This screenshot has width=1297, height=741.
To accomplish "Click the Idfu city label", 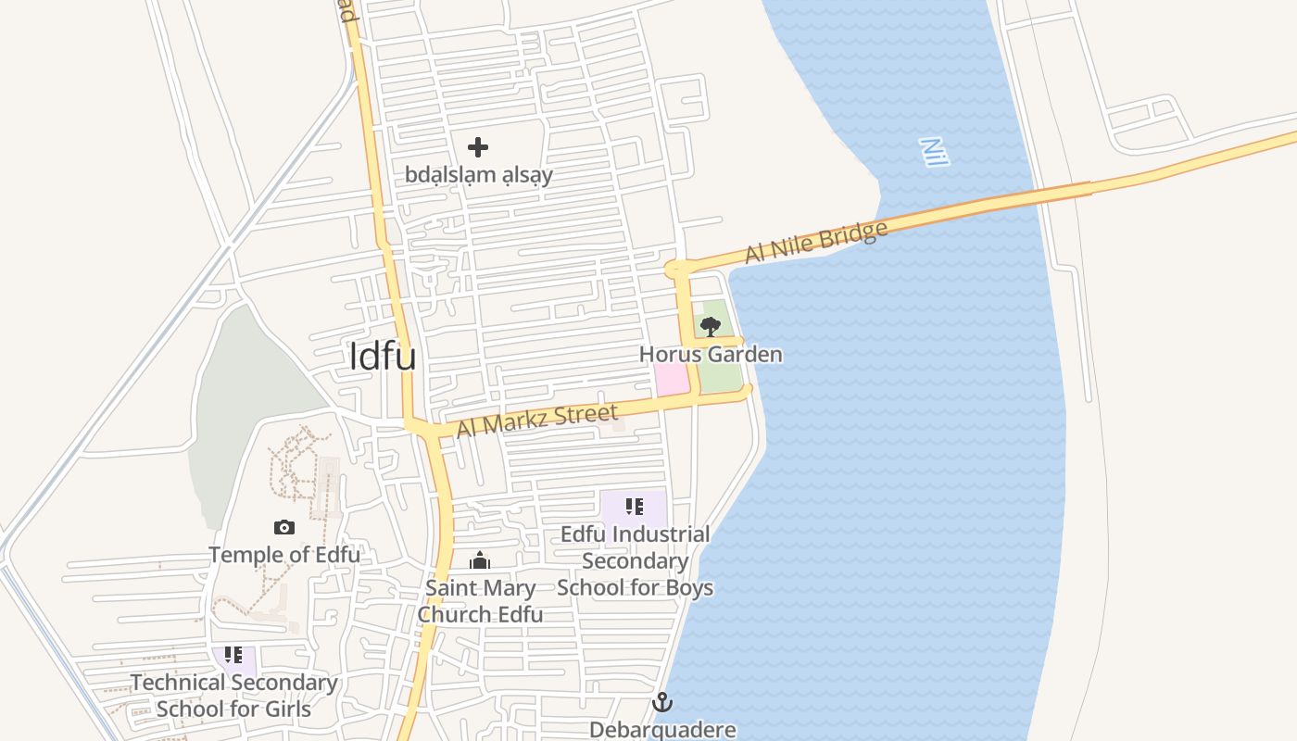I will (x=383, y=357).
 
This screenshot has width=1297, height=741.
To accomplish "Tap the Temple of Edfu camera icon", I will (x=284, y=528).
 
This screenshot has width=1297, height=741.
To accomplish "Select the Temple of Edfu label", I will (x=284, y=555).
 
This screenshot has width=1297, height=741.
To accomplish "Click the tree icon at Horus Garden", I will (x=711, y=326).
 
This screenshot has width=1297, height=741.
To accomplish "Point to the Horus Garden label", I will (x=711, y=354).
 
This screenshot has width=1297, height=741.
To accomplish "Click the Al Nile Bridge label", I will (x=816, y=241).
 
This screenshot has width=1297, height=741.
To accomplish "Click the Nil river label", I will (x=935, y=152).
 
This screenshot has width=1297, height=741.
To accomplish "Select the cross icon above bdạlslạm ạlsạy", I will (x=478, y=147).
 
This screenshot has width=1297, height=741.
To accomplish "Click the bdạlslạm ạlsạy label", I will (x=478, y=174).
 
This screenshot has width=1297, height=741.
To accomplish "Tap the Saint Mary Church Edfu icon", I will (x=480, y=560).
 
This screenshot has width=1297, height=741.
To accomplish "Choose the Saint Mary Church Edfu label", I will (x=480, y=601).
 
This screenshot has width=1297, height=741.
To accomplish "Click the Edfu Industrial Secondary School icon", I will (x=635, y=507).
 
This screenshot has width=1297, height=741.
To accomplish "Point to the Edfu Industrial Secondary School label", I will (x=636, y=560).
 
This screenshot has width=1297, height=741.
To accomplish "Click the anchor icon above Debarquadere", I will (x=661, y=702).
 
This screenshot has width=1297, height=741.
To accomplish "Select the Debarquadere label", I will (x=662, y=729).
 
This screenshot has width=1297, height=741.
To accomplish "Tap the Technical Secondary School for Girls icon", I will (x=233, y=656).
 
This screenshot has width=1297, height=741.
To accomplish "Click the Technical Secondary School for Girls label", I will (x=233, y=696).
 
